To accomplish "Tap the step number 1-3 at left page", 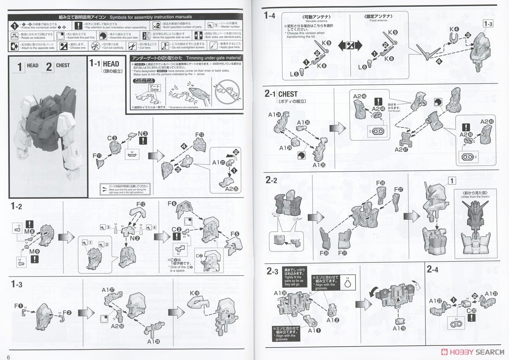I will (17, 284).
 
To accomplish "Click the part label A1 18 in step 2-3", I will (398, 329).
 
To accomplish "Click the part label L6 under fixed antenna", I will (362, 67).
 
